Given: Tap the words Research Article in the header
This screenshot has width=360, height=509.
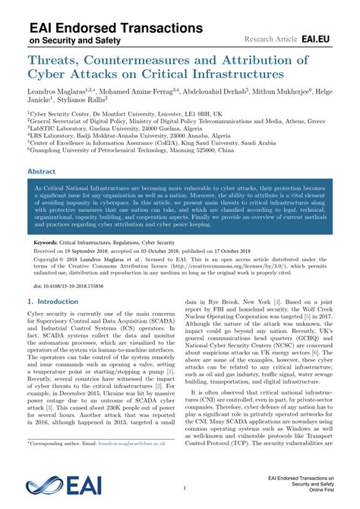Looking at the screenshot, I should point(270,36).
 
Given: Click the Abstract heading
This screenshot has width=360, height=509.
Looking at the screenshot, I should point(42,172).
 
